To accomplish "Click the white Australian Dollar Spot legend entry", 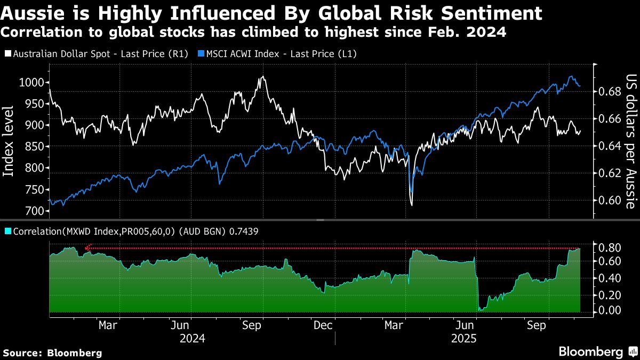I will [96, 54].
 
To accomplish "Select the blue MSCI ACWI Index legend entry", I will [277, 54].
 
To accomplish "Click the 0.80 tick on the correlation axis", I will [609, 247].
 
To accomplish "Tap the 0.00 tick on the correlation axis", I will [609, 310].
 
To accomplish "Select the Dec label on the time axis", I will [324, 324].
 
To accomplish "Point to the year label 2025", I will [463, 338].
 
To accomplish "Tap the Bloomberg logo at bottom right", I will [590, 351].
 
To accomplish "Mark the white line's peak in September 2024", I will [261, 77].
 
